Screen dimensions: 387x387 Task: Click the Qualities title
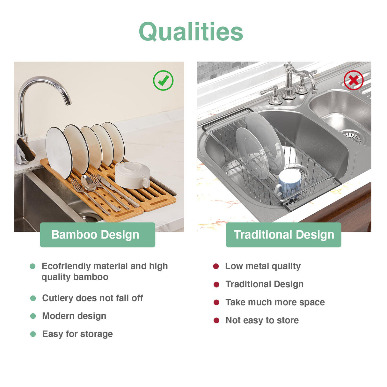coord(191,32)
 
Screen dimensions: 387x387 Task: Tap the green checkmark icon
coord(163,81)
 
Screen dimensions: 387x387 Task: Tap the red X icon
coord(354,80)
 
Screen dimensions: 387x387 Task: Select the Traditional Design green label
coord(283,235)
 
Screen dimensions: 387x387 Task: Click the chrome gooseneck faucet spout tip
coord(68,102)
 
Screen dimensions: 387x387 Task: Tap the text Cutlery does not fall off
coord(92,298)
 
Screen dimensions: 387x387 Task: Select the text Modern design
coord(74,316)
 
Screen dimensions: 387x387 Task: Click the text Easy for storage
coord(77,334)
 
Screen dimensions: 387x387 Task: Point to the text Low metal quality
coord(263,266)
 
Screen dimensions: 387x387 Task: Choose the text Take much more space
coord(275,302)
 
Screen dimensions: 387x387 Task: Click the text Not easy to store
coord(262,320)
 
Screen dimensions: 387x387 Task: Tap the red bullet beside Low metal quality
coord(216,266)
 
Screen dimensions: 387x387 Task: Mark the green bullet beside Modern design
coord(33,316)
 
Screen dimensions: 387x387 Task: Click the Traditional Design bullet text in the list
coord(264,284)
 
